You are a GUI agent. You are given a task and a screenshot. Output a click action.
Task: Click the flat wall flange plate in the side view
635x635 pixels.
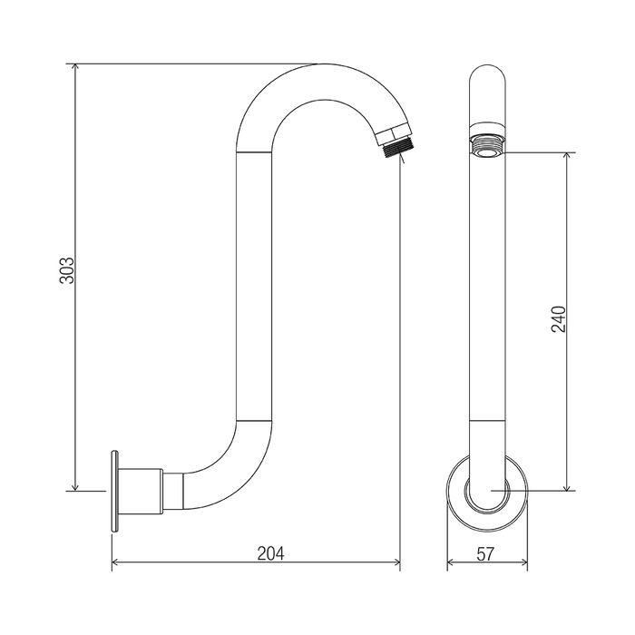coord(115,490)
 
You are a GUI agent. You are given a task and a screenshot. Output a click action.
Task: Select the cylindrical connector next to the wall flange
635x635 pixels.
coord(143,490)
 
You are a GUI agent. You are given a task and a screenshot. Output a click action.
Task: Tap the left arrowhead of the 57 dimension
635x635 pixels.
coord(452,563)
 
